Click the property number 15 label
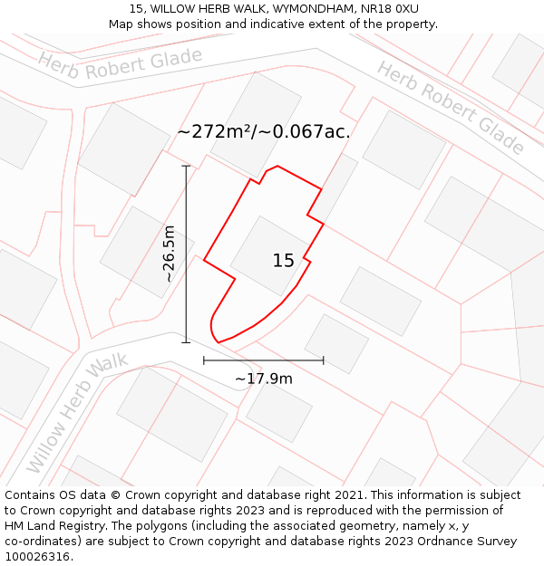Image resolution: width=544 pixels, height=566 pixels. click(x=283, y=261)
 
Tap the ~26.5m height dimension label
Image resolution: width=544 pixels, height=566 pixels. click(x=168, y=254)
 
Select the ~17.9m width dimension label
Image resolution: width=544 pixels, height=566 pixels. click(x=264, y=379)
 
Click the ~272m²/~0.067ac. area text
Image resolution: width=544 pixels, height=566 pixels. click(x=263, y=131)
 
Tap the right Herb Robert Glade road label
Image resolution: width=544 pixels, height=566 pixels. click(x=451, y=107)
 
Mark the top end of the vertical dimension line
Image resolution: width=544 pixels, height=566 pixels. click(x=186, y=166)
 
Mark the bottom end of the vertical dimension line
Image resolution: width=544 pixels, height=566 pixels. click(x=186, y=342)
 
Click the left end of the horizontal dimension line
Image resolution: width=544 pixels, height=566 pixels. click(x=204, y=360)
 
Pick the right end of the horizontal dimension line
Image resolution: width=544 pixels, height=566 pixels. click(x=323, y=360)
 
